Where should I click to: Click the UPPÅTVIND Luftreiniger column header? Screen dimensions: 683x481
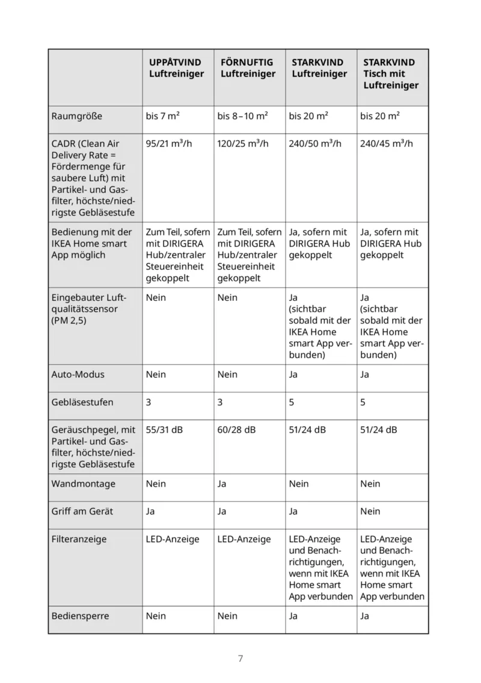coord(176,68)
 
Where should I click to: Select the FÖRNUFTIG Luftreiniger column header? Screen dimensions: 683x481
coord(248,68)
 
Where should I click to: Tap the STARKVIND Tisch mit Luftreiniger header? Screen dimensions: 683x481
coord(391,73)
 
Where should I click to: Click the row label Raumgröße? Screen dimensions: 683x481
coord(77,116)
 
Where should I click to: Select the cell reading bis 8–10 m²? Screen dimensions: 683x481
coord(242,116)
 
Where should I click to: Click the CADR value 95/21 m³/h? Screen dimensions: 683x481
coord(170,143)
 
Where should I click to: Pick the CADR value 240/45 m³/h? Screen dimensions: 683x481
coord(387,143)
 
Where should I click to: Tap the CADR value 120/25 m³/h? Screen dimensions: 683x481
coord(244,143)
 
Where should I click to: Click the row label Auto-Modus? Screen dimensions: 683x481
coord(78,374)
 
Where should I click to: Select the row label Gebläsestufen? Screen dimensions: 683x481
coord(82,402)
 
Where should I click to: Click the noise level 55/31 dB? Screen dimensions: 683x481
coord(165,430)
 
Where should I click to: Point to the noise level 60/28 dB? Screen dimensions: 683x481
coord(236,430)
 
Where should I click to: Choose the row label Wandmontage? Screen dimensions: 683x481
coord(83,484)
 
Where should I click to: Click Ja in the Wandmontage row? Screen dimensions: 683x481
coord(222,484)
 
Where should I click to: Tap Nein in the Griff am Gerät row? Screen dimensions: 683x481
coord(370,511)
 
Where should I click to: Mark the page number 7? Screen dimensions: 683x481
coord(240,658)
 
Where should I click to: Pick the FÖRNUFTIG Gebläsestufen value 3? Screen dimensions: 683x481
coord(220,402)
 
